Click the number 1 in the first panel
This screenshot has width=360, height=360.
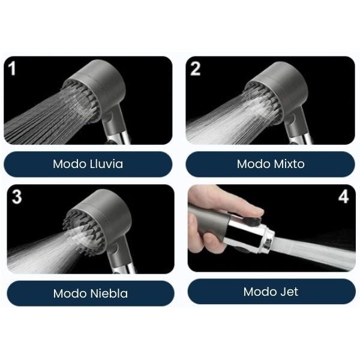point(12,68)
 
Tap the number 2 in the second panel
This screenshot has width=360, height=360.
point(195,68)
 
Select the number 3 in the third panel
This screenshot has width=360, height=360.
point(17,197)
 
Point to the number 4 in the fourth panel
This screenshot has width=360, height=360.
point(343,197)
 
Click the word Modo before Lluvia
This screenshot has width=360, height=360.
point(70,164)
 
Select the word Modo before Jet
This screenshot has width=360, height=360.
point(260,292)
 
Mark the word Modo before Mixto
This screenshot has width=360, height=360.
point(253,164)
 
